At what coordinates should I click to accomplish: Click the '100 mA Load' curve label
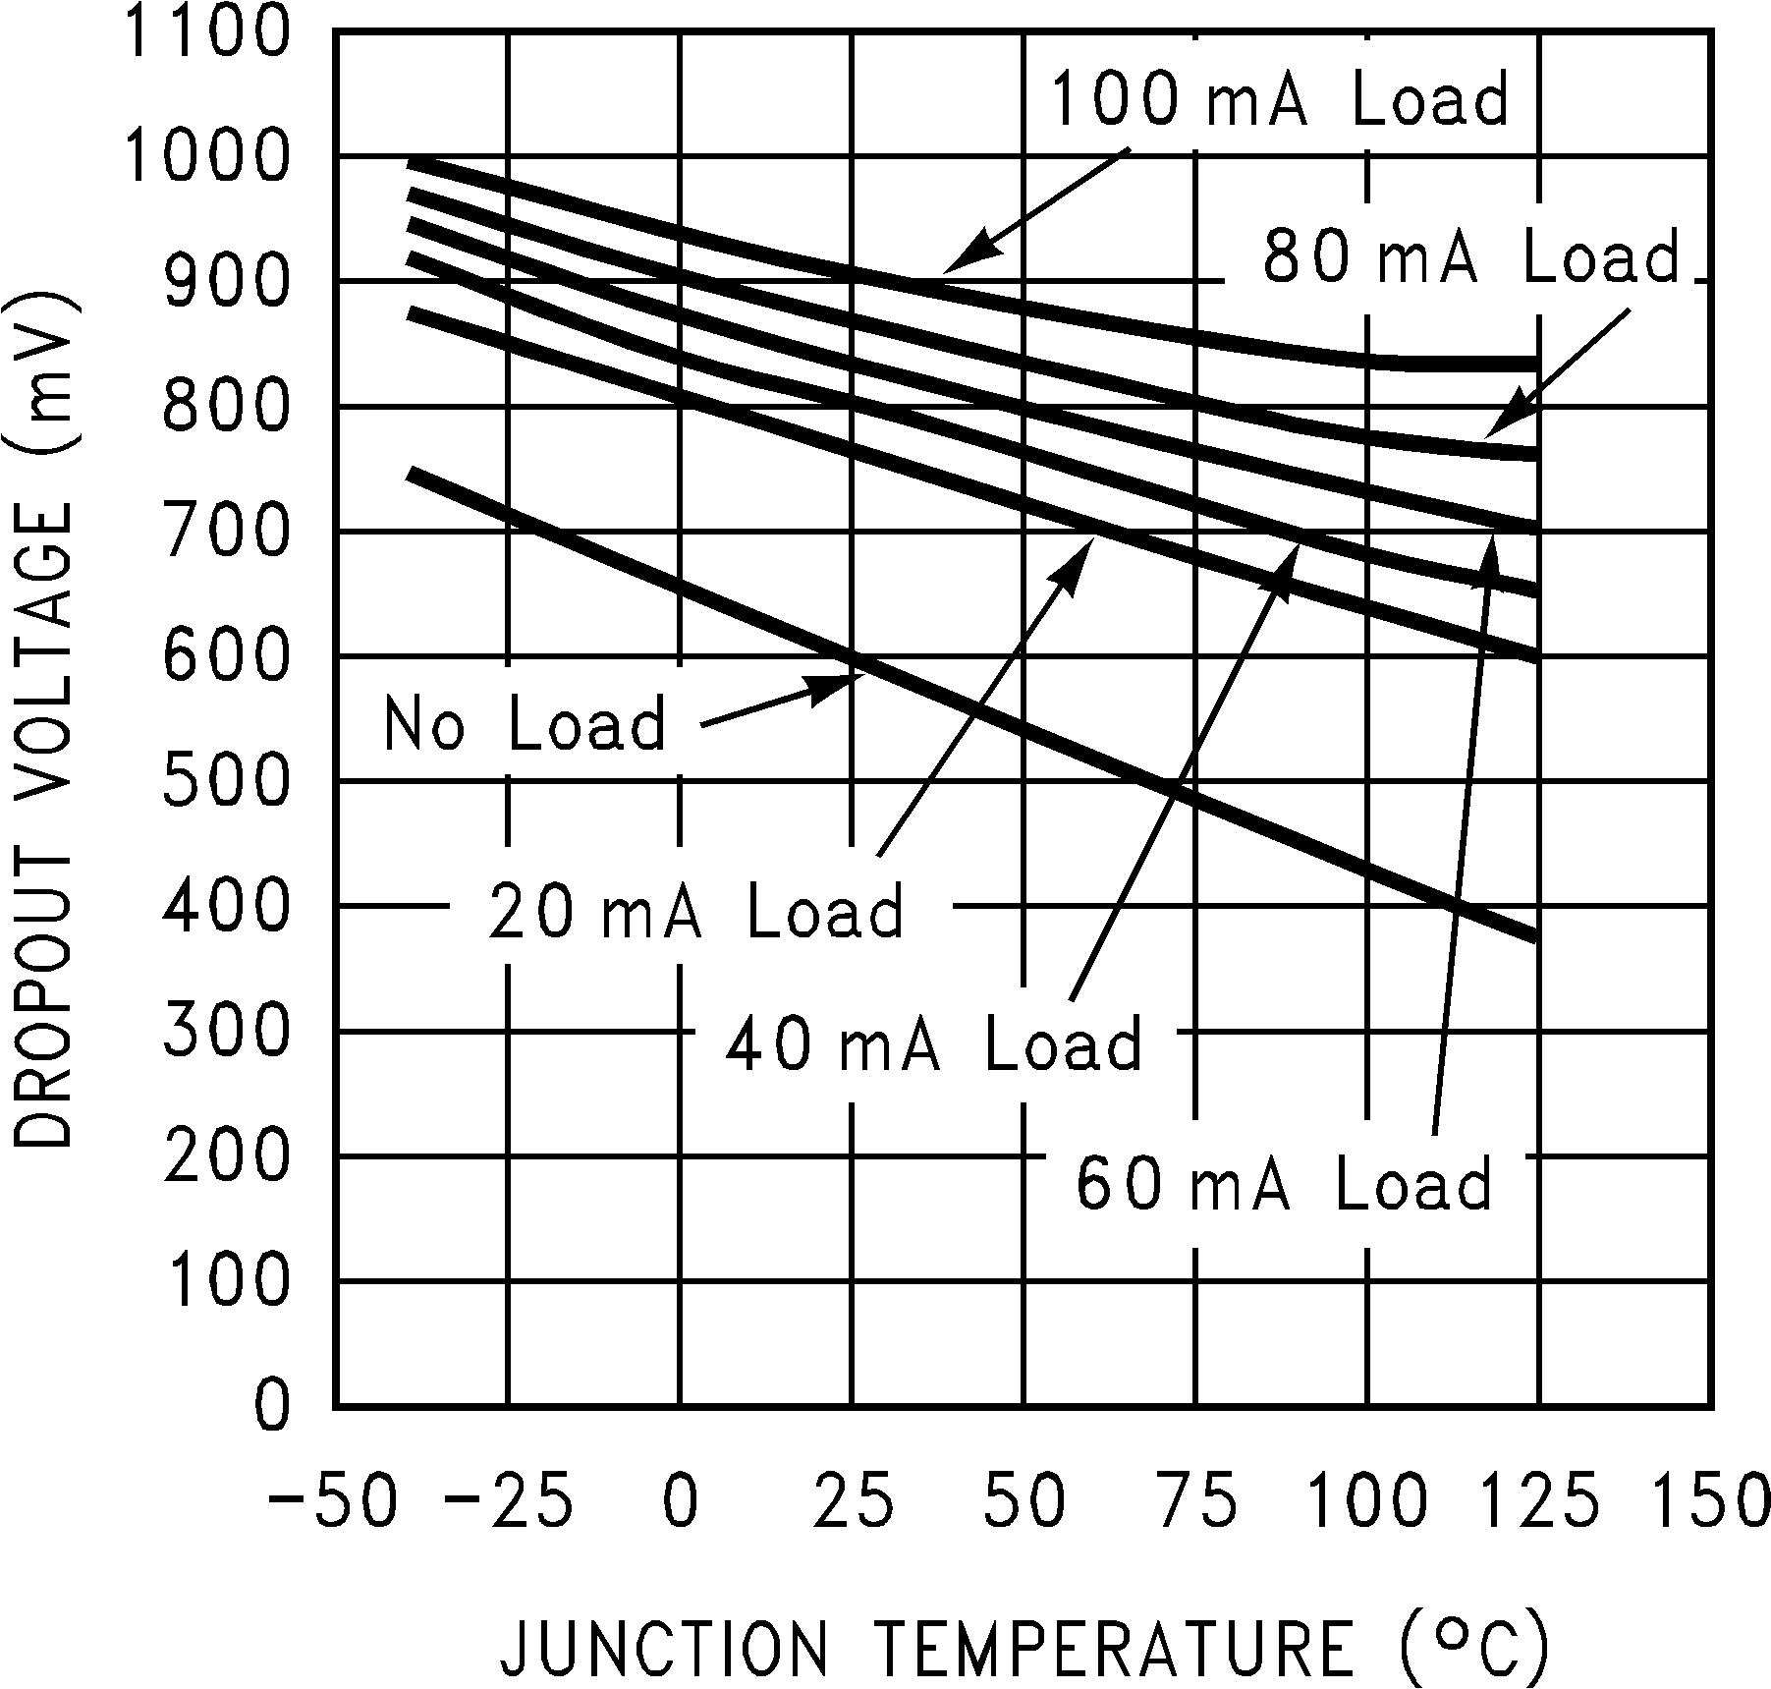coord(1279,100)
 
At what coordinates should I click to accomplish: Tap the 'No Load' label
coord(525,723)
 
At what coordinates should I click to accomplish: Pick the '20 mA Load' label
coord(695,911)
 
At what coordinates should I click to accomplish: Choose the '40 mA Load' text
coord(934,1042)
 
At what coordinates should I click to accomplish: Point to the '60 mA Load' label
coord(1284,1183)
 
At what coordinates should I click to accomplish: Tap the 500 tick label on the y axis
coord(227,782)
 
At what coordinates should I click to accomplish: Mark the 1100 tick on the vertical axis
coord(204,32)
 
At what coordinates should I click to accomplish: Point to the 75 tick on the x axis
coord(1195,1502)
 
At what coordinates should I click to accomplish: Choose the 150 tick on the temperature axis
coord(1712,1502)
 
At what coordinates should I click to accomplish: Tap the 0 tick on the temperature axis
coord(680,1502)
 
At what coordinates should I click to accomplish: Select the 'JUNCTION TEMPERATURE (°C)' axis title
coord(1024,1648)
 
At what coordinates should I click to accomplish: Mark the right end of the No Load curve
coord(1535,935)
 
